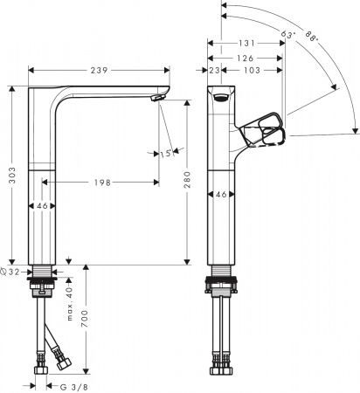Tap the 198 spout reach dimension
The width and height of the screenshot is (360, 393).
click(x=100, y=183)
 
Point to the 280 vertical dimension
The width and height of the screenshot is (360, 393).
click(x=188, y=181)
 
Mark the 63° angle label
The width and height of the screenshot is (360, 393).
click(x=288, y=34)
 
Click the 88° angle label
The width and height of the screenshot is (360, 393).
click(x=313, y=38)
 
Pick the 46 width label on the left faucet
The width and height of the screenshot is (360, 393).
click(x=41, y=207)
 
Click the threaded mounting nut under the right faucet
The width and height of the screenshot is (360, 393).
click(x=223, y=285)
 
